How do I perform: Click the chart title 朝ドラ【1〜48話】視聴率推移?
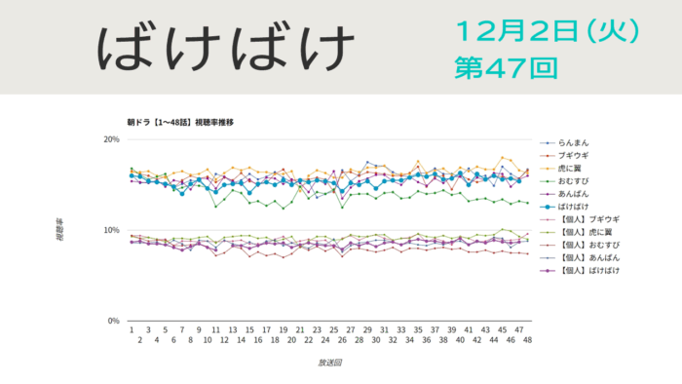180,123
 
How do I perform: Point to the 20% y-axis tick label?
111,139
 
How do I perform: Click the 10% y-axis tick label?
111,230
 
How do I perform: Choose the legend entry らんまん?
575,143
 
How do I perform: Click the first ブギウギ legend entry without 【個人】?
575,156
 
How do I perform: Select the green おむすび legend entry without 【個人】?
575,181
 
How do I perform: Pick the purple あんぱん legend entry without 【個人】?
575,194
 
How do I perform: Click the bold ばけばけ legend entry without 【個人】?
575,207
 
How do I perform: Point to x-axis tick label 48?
527,340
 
